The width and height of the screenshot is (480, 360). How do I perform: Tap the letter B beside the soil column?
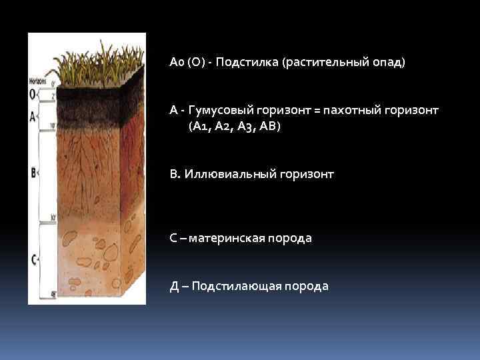33,173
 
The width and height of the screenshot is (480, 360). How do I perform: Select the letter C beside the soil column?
33,257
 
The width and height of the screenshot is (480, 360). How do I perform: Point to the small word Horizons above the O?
38,81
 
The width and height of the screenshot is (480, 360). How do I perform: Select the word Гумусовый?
221,109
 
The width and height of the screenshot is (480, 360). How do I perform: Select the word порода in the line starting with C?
291,238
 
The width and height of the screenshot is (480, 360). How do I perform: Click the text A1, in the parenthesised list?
201,126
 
